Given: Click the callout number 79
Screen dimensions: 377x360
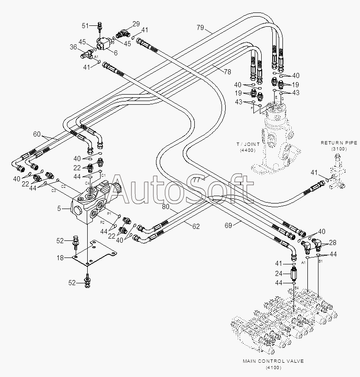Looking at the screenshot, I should point(200,28).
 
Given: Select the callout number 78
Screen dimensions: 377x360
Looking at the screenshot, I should point(228,72).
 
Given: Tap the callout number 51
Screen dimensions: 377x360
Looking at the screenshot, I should point(85,25).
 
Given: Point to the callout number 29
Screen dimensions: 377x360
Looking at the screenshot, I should point(136,24).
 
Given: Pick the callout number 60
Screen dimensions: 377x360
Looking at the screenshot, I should point(37,134).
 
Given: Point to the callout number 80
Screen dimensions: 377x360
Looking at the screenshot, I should point(166,207).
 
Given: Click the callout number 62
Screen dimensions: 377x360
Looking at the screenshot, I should point(197,226).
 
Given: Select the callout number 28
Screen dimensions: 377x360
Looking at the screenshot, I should point(332,242).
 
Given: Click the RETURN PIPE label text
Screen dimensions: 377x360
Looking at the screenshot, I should point(339,143).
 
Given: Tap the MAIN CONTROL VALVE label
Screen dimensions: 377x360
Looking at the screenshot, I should point(274,361).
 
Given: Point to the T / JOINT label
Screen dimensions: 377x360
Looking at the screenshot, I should point(249,144).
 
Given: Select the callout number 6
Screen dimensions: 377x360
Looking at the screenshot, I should point(115,53).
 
